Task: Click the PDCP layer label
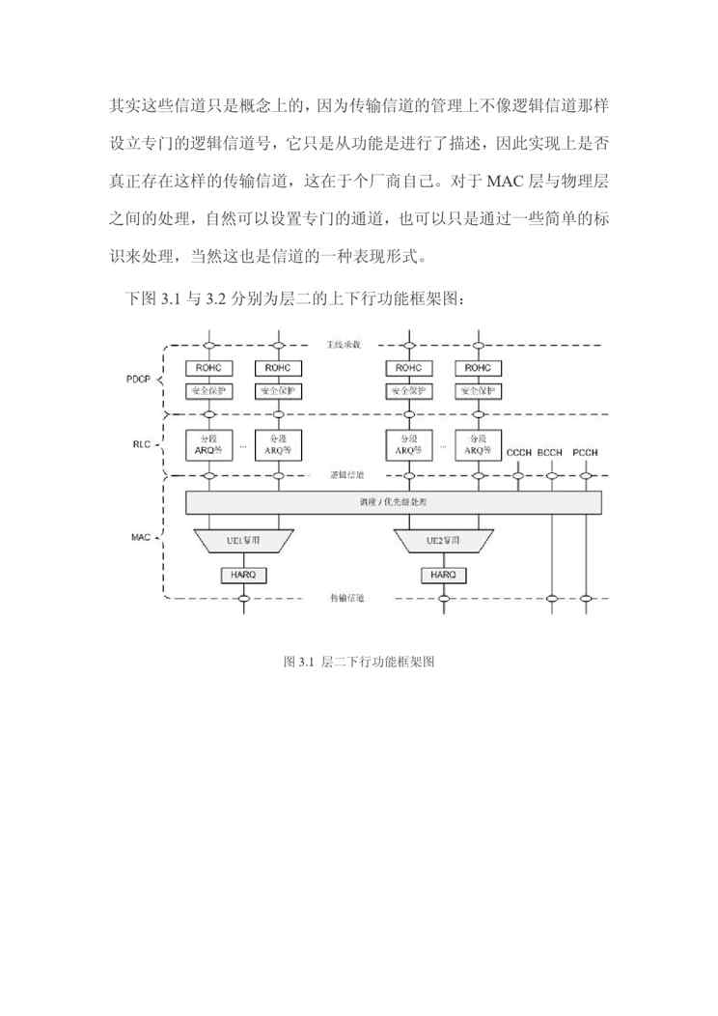tap(139, 380)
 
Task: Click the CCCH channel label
tap(519, 452)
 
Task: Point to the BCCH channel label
tap(551, 452)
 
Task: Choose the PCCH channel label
tap(586, 452)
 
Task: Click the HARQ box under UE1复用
tap(242, 574)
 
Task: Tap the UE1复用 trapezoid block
tap(242, 541)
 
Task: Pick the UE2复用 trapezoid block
tap(444, 541)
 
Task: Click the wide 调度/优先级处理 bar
tap(393, 503)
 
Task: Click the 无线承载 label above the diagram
tap(344, 345)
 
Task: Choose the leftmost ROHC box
tap(209, 368)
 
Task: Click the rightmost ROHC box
tap(478, 368)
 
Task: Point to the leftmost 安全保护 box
tap(209, 391)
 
